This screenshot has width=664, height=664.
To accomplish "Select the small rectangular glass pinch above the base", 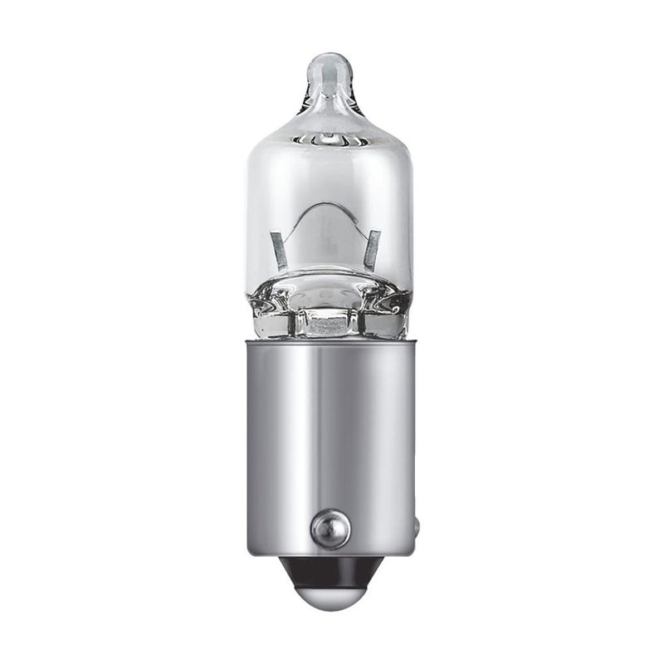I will (329, 320).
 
